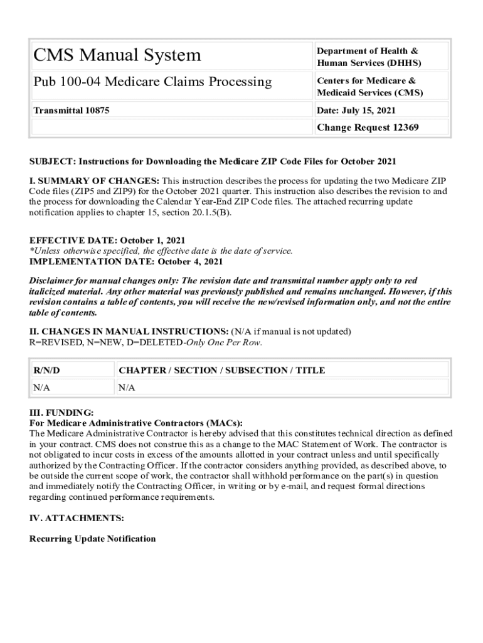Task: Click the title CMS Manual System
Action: [117, 55]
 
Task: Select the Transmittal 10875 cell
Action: [71, 111]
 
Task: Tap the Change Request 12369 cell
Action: [368, 127]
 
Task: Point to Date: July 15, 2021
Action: [356, 111]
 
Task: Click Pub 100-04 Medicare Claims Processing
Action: [152, 82]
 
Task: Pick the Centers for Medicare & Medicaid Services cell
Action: [369, 87]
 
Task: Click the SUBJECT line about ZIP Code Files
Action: [213, 162]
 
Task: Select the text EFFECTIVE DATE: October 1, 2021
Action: [107, 240]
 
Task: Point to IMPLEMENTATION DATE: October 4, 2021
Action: [125, 261]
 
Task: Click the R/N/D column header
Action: [47, 370]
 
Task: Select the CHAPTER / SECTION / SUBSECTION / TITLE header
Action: [221, 370]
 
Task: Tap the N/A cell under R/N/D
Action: [41, 387]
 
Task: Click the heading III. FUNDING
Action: [61, 413]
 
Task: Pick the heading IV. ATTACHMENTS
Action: [77, 518]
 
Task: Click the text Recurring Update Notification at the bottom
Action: [92, 539]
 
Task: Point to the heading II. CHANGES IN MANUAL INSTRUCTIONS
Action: [129, 331]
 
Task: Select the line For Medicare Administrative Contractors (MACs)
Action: [135, 423]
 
